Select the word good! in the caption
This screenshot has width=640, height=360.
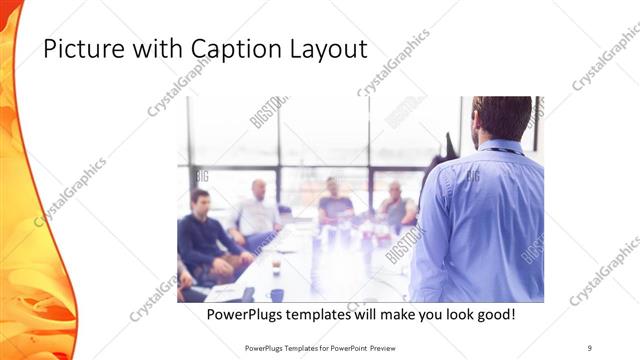tap(494, 314)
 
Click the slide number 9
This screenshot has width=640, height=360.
tap(590, 347)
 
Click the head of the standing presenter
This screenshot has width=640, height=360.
tap(501, 119)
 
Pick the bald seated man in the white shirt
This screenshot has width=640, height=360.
tap(257, 212)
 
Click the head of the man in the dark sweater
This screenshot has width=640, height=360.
tap(200, 199)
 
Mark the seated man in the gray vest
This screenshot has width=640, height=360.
tap(397, 207)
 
